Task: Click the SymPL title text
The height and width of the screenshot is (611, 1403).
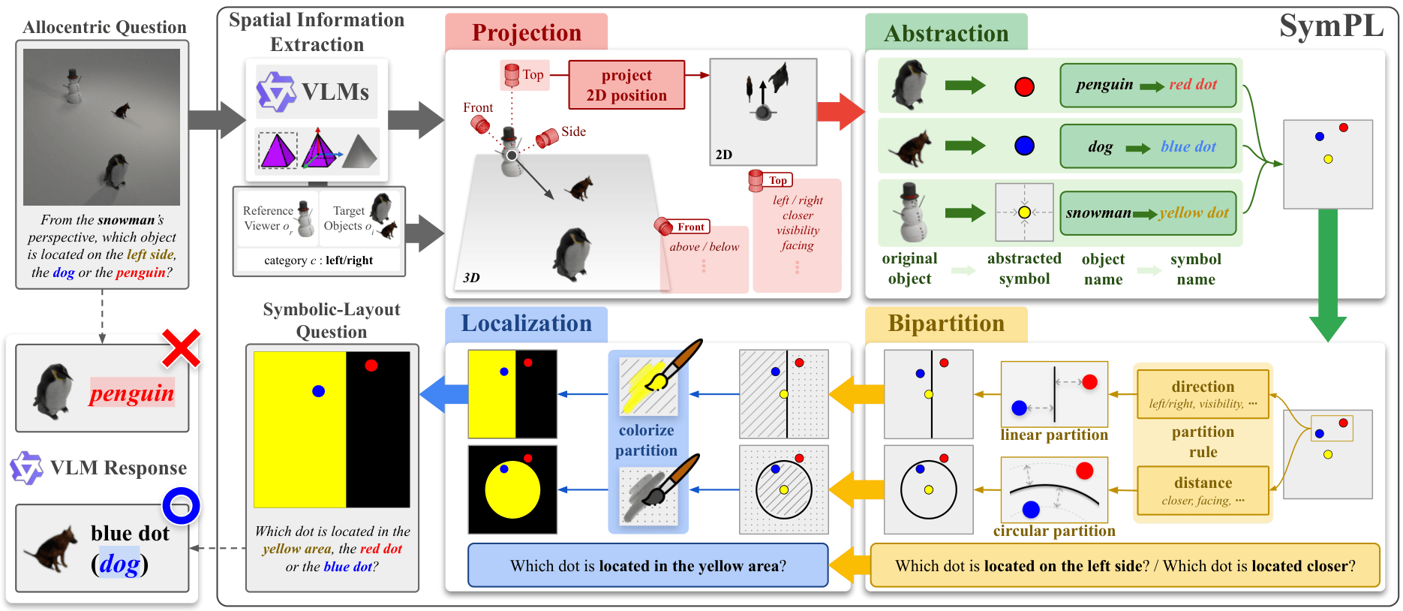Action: (1330, 27)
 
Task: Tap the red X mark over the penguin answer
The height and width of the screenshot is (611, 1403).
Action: (182, 348)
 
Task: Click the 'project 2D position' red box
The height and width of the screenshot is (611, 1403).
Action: (626, 85)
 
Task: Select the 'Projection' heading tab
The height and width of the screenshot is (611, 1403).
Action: (526, 33)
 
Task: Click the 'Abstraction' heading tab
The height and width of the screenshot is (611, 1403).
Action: (945, 34)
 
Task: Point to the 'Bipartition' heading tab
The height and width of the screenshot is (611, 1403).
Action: (945, 324)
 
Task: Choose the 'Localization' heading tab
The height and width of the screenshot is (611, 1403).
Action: (526, 324)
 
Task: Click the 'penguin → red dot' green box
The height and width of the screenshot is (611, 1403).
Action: (1147, 85)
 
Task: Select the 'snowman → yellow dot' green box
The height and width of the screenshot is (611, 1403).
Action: (1147, 213)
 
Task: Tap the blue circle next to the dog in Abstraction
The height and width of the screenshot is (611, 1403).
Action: (1024, 146)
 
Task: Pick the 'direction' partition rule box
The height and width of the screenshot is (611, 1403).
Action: (1203, 394)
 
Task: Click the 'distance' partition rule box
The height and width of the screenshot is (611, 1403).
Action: (1203, 490)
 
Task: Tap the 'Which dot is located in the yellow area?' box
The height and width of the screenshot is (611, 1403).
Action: (647, 566)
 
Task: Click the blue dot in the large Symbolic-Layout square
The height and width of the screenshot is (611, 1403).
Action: (318, 391)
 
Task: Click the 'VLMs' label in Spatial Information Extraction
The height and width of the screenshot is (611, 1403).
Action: (335, 92)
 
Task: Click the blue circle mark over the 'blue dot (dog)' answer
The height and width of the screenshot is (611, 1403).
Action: (181, 506)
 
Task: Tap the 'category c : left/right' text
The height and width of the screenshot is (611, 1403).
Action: (319, 260)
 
